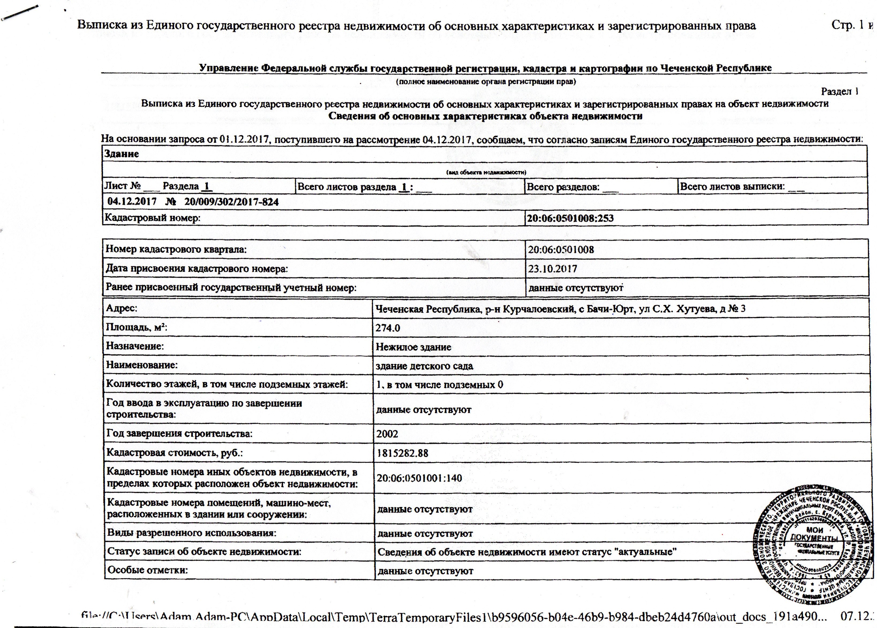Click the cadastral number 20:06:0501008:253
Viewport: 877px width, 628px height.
[x=570, y=218]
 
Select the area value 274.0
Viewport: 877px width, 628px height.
[x=388, y=328]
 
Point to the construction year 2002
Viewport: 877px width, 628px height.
[x=387, y=434]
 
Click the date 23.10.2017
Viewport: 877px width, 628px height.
[x=552, y=269]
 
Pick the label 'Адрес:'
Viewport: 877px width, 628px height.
[x=122, y=308]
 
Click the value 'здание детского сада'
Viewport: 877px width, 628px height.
[x=424, y=366]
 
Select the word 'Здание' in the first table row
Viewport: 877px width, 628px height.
[x=121, y=154]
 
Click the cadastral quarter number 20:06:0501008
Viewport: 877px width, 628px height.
[x=561, y=249]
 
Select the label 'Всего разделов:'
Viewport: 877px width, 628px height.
[x=563, y=187]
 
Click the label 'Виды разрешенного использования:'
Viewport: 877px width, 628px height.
[x=192, y=533]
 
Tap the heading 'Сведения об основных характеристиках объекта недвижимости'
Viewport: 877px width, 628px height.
[x=485, y=116]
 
